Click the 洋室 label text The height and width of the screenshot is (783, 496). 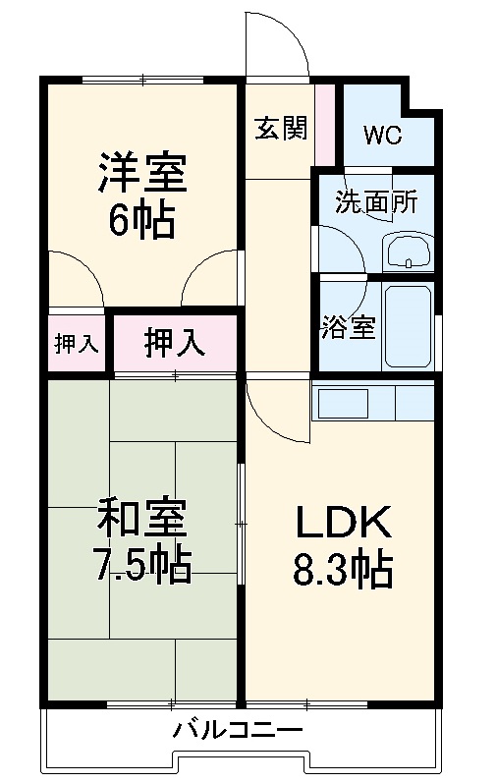pos(140,174)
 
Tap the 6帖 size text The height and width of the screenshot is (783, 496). pos(140,221)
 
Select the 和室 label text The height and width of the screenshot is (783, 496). pos(140,519)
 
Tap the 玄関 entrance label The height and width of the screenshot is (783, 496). pos(280,129)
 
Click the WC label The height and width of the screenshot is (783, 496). pos(382,136)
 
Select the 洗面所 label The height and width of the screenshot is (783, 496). pos(376,202)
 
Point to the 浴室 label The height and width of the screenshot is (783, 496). pos(348,327)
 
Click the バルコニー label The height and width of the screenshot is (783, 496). pos(239,730)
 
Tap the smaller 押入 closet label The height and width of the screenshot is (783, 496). pos(76,343)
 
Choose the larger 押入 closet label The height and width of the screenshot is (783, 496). pos(175,343)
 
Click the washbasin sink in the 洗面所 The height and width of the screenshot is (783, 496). pos(407,253)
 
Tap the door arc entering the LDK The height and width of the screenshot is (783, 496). pos(272,413)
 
